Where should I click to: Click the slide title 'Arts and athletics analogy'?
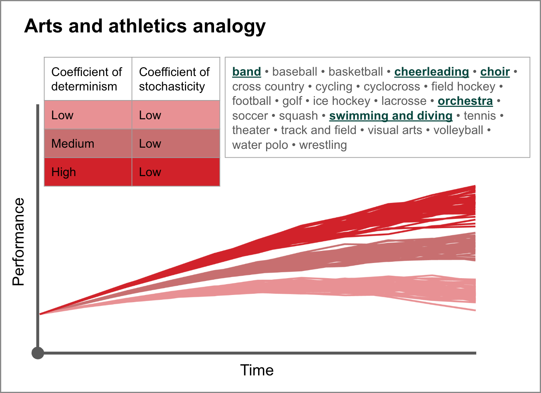click(x=145, y=26)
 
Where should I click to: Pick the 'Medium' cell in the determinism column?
click(x=88, y=144)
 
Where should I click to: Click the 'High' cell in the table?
click(x=88, y=172)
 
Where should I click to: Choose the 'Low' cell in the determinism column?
click(x=88, y=115)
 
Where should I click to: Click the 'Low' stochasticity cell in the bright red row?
click(x=176, y=172)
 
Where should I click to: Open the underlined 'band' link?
click(x=246, y=72)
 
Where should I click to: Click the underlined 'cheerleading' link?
click(x=432, y=72)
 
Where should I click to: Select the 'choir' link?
click(x=495, y=72)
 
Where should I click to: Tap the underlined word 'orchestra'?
click(x=465, y=101)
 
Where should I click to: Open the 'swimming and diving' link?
click(x=391, y=116)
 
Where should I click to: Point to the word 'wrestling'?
click(x=323, y=145)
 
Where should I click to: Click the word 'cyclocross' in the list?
click(x=392, y=86)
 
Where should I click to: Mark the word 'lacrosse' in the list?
click(x=404, y=101)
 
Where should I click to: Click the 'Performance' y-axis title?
click(x=18, y=242)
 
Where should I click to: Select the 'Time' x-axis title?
click(x=257, y=370)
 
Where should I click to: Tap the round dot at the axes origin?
click(x=38, y=353)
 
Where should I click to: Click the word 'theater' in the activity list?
click(x=251, y=130)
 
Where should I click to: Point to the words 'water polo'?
click(x=260, y=145)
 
